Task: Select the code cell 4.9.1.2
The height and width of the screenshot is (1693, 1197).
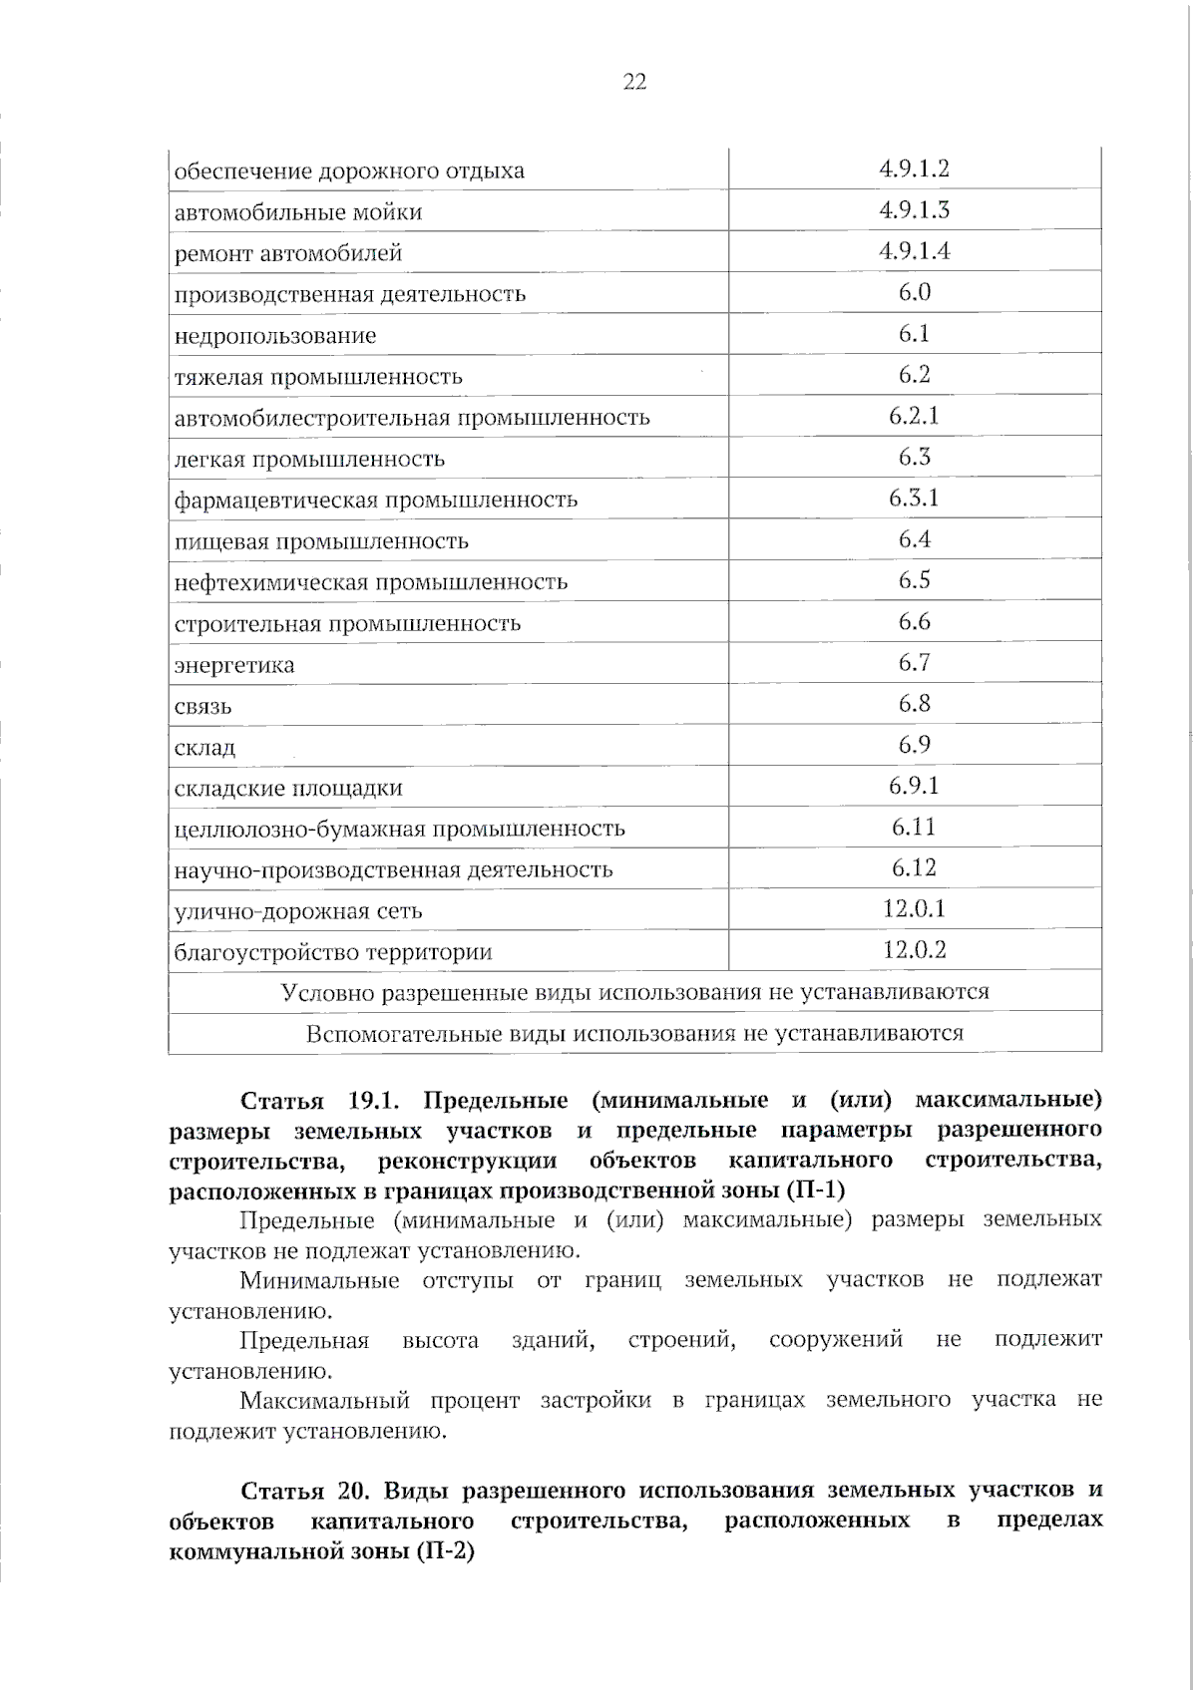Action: pyautogui.click(x=914, y=169)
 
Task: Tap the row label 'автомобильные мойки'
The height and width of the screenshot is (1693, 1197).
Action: pyautogui.click(x=298, y=212)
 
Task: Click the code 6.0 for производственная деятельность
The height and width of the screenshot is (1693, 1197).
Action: pyautogui.click(x=914, y=292)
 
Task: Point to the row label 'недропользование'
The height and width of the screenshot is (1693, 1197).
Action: pyautogui.click(x=275, y=336)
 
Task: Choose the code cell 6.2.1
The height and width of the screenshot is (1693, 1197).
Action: pyautogui.click(x=914, y=416)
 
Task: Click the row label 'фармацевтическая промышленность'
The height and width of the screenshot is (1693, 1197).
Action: pyautogui.click(x=376, y=500)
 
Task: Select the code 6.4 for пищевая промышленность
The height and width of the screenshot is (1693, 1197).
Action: pyautogui.click(x=914, y=539)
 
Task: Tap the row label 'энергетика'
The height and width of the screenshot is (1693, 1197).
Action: pyautogui.click(x=234, y=665)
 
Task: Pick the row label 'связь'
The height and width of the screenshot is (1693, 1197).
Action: pyautogui.click(x=203, y=707)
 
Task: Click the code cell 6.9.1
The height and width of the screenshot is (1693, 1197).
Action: pyautogui.click(x=914, y=786)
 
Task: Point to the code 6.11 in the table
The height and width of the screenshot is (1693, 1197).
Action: pyautogui.click(x=914, y=827)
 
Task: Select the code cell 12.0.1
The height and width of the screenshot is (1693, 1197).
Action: pyautogui.click(x=914, y=908)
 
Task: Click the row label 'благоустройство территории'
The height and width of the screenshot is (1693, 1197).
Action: pyautogui.click(x=333, y=952)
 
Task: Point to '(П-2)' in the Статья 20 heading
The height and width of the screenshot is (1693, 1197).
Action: pyautogui.click(x=444, y=1552)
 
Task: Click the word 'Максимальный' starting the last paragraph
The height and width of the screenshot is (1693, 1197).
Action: pyautogui.click(x=324, y=1400)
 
